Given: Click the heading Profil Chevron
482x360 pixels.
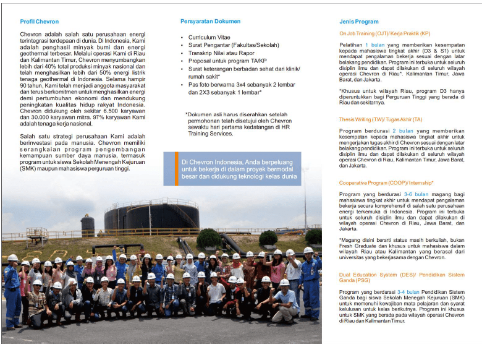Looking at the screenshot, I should coord(39,22).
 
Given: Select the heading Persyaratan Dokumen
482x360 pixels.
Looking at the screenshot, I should coord(210,22).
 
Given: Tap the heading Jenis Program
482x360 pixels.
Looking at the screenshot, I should coord(358,22).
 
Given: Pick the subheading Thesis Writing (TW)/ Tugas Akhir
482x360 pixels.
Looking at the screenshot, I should coord(381,119).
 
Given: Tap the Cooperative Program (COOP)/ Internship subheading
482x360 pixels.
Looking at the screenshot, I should coord(386,183).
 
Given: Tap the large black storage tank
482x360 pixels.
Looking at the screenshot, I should coord(152,216).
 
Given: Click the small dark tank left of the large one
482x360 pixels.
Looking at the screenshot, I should coord(88,225).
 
